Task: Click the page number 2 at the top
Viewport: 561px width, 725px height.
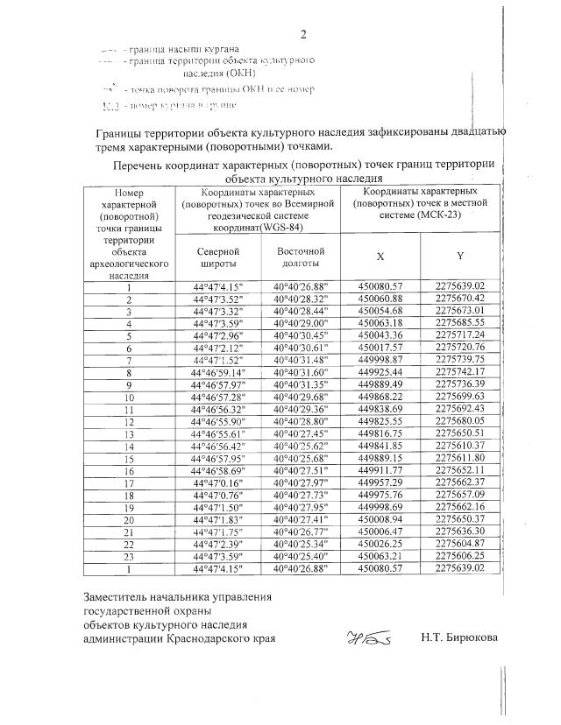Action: (303, 35)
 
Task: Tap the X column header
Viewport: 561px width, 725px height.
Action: (380, 257)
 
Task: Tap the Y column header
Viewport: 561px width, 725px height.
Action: (459, 257)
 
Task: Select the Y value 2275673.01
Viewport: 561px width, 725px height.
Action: (459, 311)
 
